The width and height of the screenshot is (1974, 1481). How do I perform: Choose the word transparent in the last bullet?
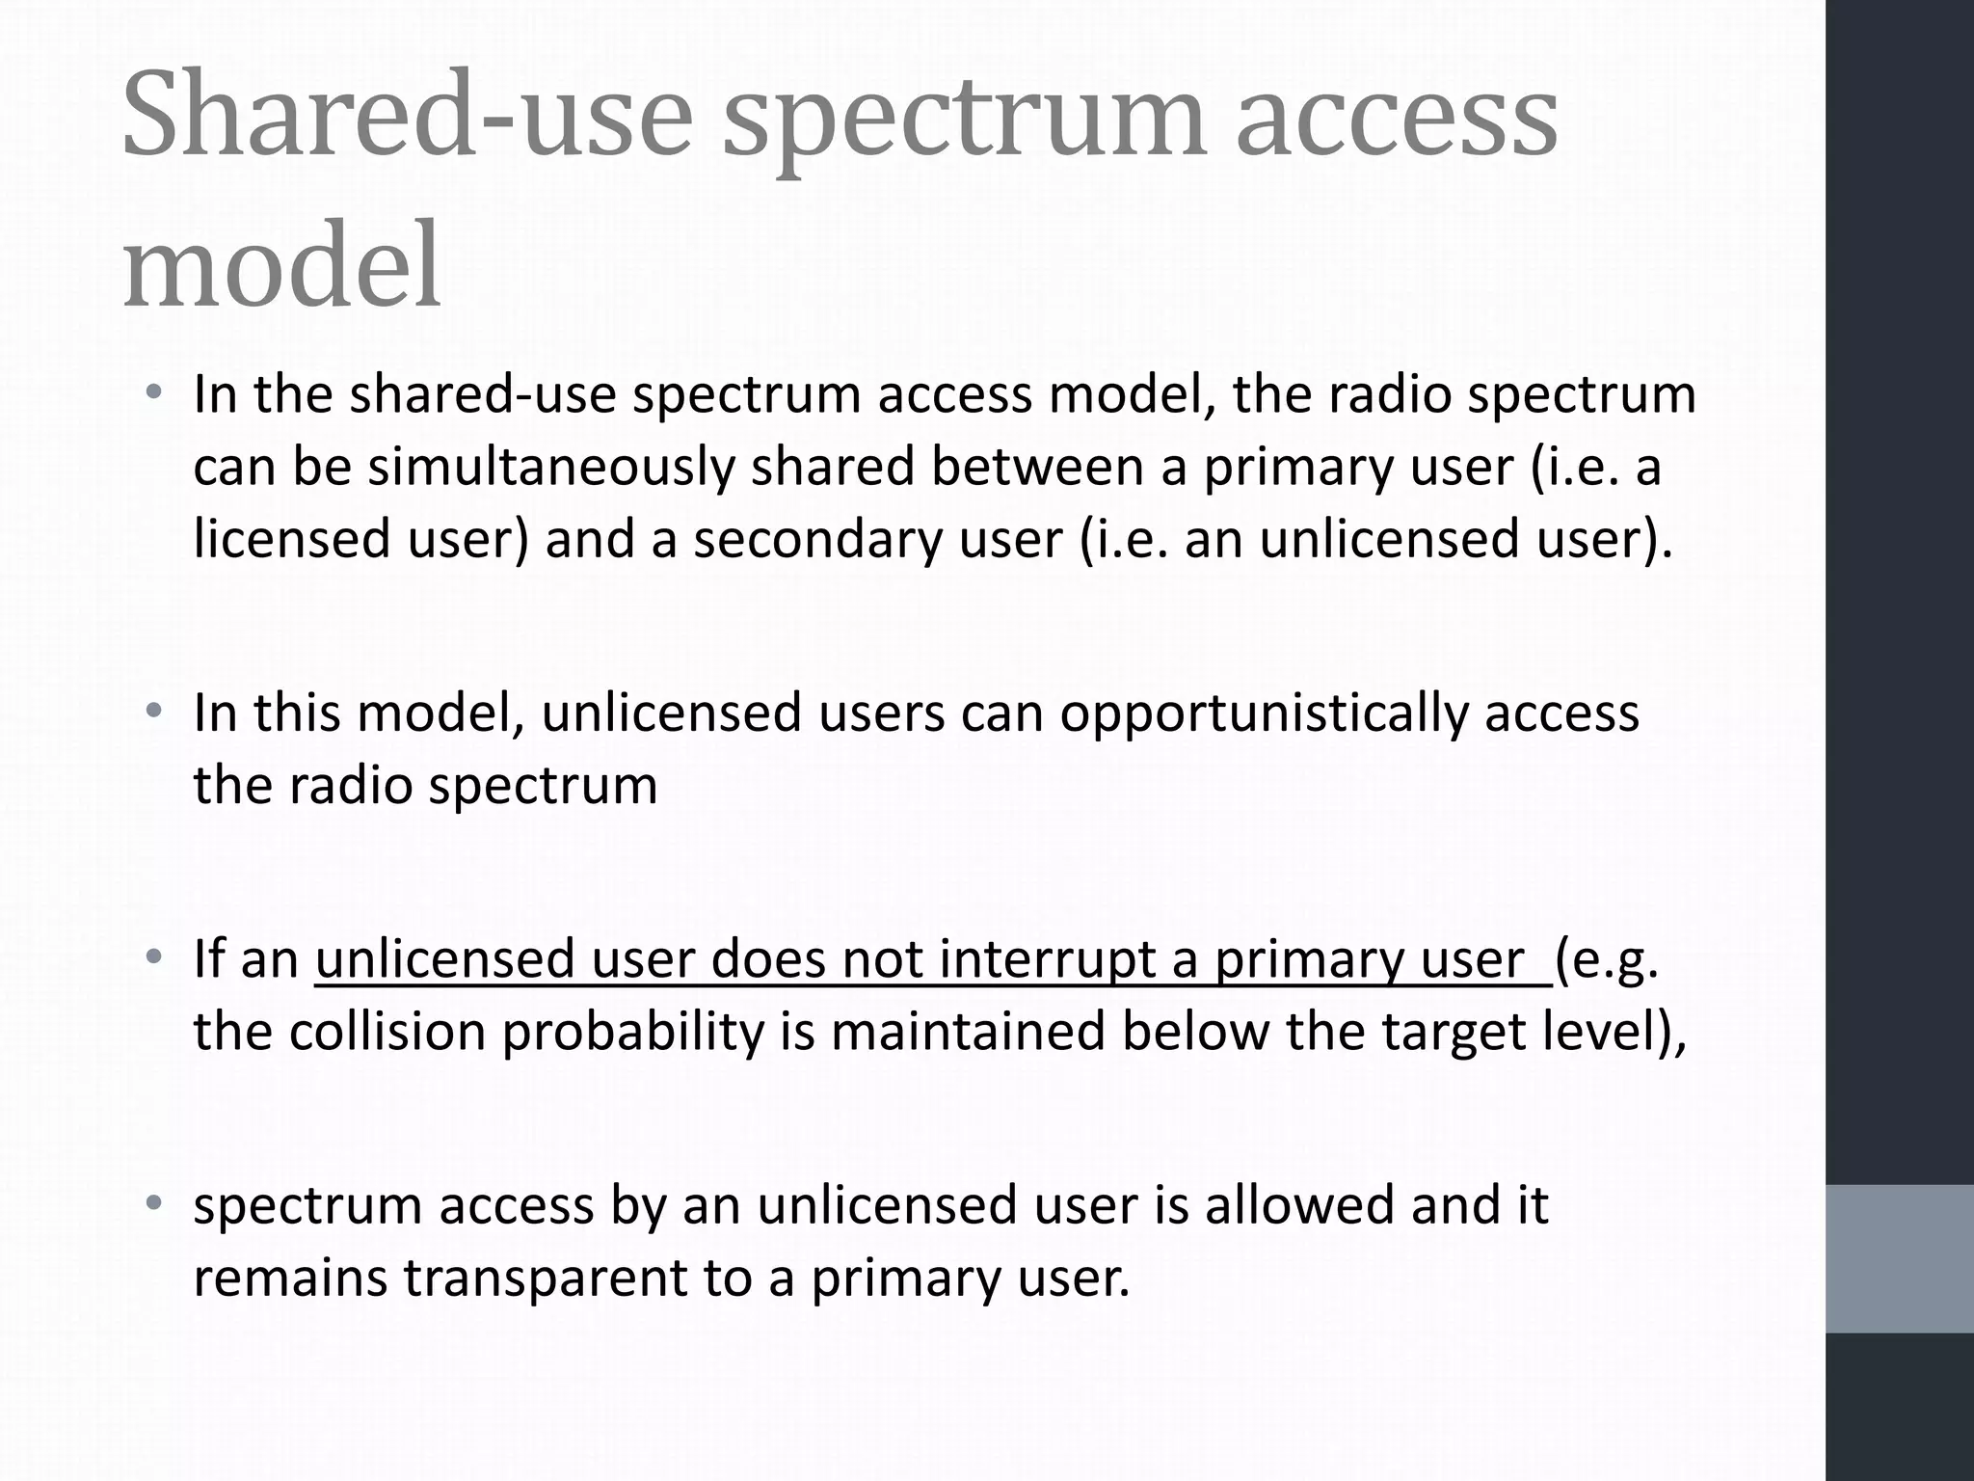point(545,1279)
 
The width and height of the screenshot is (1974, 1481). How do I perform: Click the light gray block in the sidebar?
point(1900,1258)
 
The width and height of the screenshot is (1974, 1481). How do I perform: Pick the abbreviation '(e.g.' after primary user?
point(1607,962)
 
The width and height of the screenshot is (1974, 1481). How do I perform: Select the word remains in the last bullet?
point(289,1279)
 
